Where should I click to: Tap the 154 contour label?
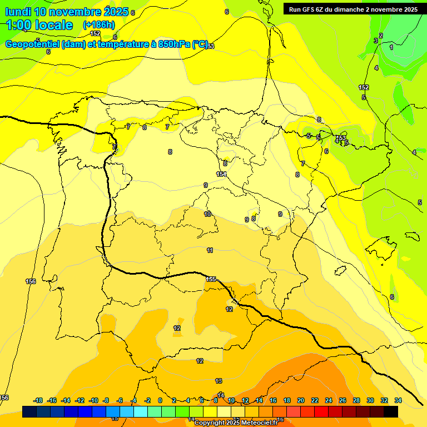pos(221,174)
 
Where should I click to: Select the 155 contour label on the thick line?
pos(211,279)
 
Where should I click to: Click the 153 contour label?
pos(341,138)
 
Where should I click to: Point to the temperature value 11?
pos(210,251)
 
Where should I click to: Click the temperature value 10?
pos(207,214)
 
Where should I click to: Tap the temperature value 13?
pos(219,381)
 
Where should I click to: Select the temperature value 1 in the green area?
pos(391,48)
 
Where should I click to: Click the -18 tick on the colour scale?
pos(38,400)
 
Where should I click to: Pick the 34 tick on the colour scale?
pos(398,400)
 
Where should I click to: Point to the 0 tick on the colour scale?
pos(160,400)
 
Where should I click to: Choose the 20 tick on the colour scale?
pos(301,400)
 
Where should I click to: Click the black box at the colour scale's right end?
pos(391,411)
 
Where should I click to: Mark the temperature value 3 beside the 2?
pos(375,41)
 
